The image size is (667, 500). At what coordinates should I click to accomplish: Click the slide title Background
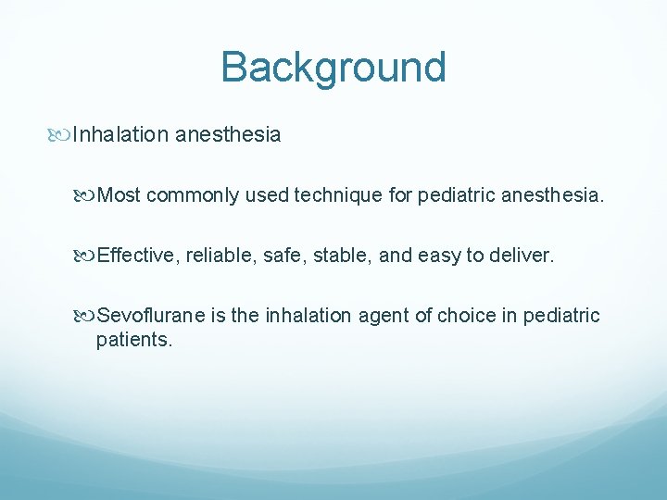click(x=333, y=68)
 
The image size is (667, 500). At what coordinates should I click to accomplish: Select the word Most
click(x=119, y=195)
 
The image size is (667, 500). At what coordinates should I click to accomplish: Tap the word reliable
click(x=220, y=256)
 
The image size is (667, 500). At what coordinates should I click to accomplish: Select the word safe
click(x=282, y=256)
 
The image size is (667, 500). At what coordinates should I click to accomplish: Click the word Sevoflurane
click(x=150, y=316)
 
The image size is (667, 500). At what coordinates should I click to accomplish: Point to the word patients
click(x=133, y=340)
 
